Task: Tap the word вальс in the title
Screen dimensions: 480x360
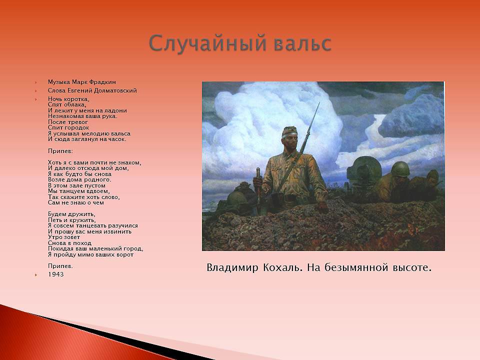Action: (303, 43)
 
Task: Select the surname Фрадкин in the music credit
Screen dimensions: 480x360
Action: (103, 82)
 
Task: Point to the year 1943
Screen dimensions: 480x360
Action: (55, 274)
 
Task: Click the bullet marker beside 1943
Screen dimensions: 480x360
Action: (36, 275)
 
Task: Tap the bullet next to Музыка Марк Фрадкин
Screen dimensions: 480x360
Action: (36, 82)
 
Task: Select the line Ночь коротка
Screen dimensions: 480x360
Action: (68, 99)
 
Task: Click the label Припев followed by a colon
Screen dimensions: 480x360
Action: (60, 151)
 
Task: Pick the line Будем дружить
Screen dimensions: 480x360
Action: (71, 214)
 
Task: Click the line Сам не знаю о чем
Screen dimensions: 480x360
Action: (76, 202)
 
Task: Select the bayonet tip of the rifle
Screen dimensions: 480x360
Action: (319, 103)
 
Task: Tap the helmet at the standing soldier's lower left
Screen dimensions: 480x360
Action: (236, 198)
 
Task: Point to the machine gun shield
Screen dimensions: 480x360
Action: (364, 169)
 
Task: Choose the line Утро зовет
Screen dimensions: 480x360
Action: (64, 237)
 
